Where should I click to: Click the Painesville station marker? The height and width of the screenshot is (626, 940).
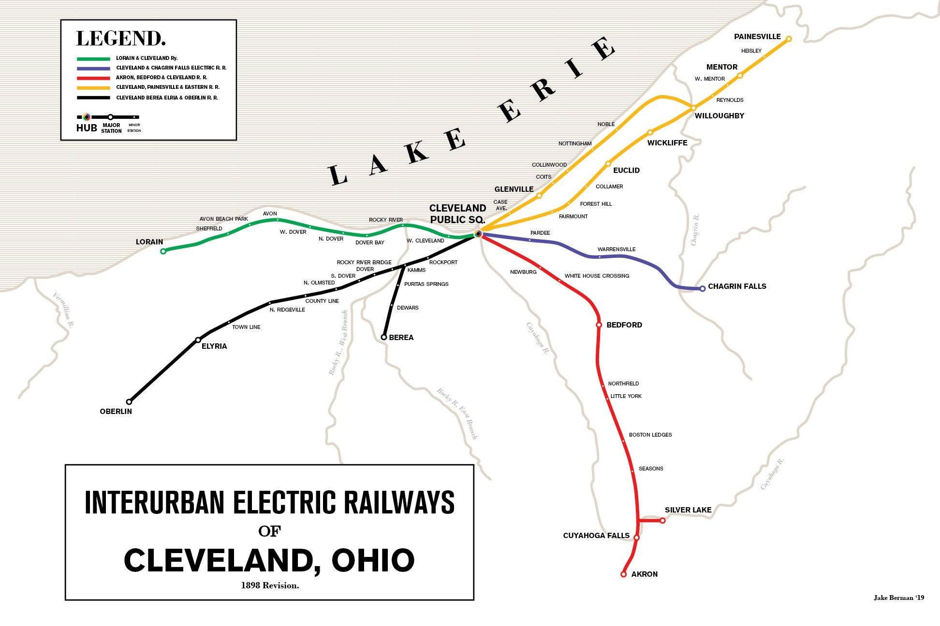tap(789, 39)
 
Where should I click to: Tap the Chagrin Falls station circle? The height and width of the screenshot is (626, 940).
tap(703, 288)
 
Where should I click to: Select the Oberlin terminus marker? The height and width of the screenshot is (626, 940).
tap(129, 401)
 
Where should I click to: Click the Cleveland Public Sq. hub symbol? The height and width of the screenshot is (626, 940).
tap(478, 234)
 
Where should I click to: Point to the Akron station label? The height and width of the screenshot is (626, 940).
tap(644, 574)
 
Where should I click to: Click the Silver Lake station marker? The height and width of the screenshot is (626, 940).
tap(662, 520)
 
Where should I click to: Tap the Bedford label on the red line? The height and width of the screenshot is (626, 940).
tap(624, 325)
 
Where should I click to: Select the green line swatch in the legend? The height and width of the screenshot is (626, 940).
tap(93, 58)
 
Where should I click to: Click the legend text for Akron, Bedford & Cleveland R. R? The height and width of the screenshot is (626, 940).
tap(162, 77)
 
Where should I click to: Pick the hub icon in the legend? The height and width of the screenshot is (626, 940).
tap(86, 117)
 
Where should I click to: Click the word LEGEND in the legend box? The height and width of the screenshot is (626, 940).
tap(121, 39)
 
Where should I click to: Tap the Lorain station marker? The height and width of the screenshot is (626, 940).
tap(163, 251)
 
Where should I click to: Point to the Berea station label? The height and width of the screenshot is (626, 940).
tap(401, 337)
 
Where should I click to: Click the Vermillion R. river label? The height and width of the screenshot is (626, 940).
tap(63, 310)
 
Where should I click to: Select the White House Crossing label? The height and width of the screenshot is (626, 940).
tap(597, 276)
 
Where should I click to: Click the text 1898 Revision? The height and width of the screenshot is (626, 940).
tap(270, 585)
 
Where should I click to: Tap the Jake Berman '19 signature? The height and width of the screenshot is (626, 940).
tap(898, 598)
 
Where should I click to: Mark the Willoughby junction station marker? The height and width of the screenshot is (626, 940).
tap(693, 108)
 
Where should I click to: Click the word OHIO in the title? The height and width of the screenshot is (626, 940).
tap(373, 560)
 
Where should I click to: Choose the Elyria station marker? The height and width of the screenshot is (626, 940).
tap(198, 340)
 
